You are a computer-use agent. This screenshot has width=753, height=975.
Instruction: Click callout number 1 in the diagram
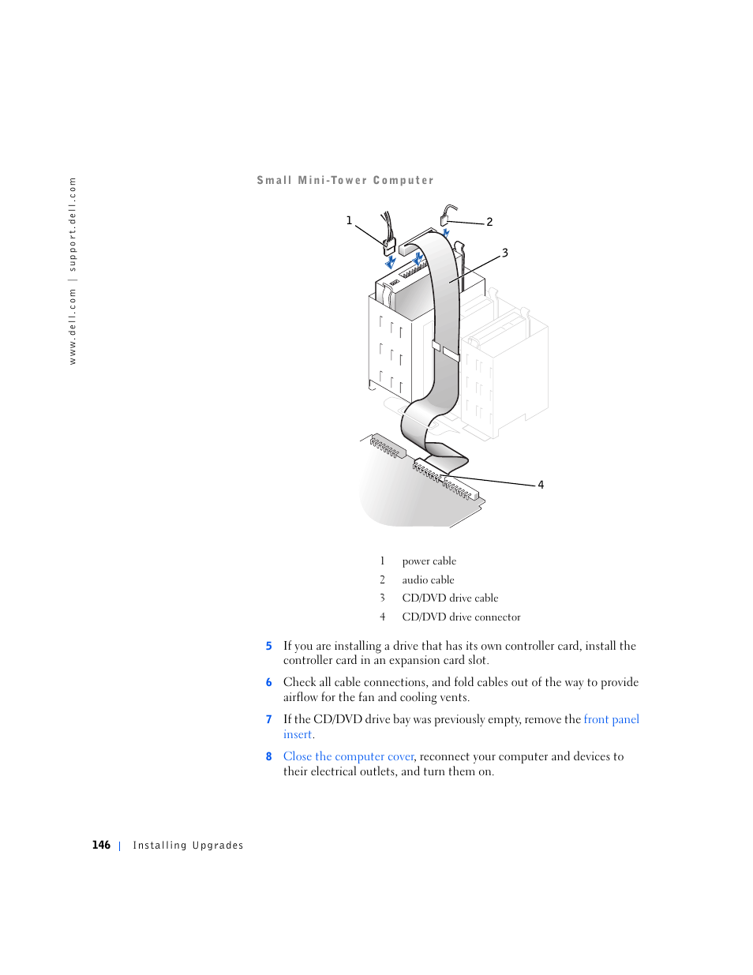coord(349,220)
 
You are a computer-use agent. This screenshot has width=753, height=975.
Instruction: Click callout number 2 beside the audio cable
coord(489,222)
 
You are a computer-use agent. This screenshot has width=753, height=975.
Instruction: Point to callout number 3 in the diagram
coord(505,253)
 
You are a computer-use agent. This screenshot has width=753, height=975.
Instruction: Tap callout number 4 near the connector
coord(541,485)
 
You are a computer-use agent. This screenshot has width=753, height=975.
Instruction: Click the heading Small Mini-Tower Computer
coord(345,180)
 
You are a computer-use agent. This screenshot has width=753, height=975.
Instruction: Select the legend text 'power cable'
coord(429,561)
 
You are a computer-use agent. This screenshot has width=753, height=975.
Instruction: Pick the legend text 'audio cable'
coord(428,579)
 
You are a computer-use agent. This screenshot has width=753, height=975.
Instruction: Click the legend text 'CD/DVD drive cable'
coord(450,598)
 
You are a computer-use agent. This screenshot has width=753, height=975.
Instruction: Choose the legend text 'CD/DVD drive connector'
coord(461,617)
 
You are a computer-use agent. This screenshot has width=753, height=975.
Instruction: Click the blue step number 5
coord(268,646)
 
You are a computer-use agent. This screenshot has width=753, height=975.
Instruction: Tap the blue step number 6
coord(268,682)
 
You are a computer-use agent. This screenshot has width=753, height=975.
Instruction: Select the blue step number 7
coord(268,719)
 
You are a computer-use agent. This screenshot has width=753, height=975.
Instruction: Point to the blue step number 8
coord(268,756)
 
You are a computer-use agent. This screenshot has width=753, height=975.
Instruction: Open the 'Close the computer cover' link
coord(348,756)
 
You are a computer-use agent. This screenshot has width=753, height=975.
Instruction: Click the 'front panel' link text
coord(611,719)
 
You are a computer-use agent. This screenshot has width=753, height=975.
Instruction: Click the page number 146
coord(101,845)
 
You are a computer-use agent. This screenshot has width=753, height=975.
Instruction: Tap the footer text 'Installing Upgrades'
coord(188,846)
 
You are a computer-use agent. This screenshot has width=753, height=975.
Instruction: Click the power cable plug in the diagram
coord(389,246)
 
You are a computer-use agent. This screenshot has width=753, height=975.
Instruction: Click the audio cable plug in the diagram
coord(444,221)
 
